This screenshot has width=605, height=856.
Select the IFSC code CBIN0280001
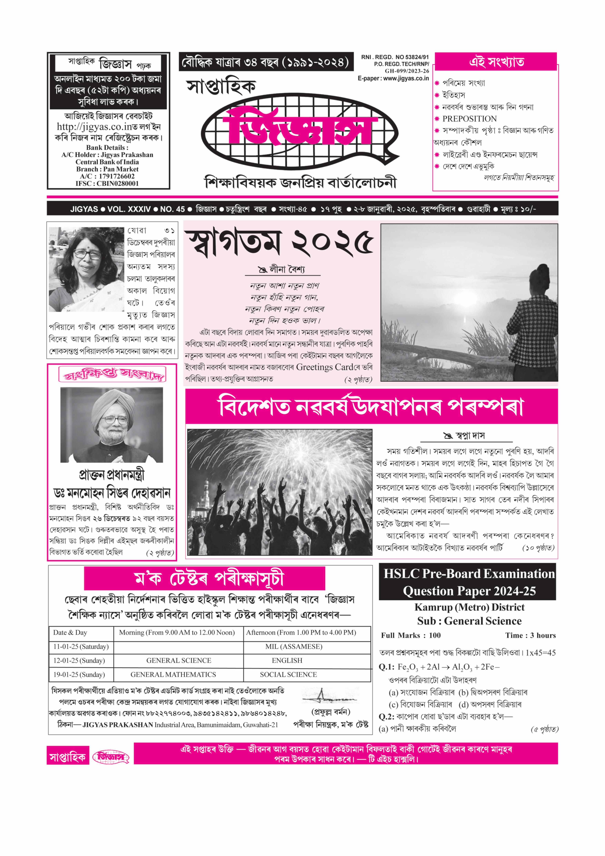[x=117, y=183]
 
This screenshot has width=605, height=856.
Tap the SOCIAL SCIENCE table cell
[x=288, y=674]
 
